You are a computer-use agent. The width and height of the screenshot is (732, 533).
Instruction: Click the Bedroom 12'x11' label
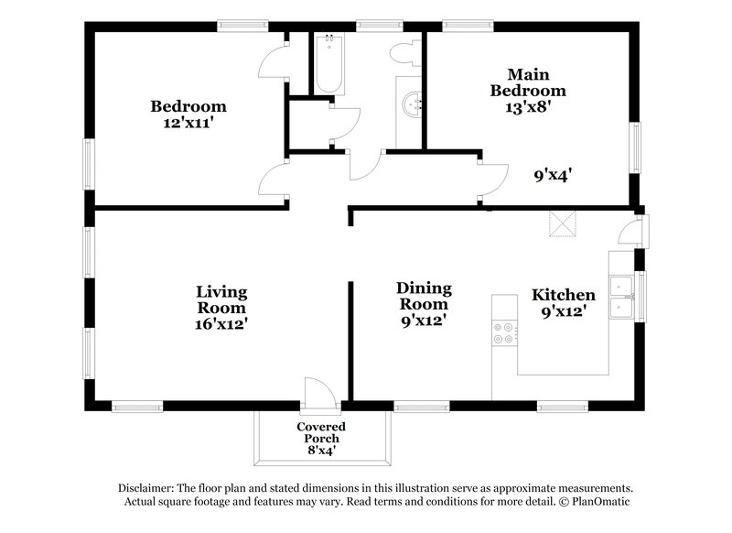tap(188, 114)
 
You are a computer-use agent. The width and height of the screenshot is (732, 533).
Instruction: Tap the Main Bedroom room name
tap(528, 82)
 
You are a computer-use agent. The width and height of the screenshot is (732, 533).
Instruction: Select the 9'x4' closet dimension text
tap(554, 173)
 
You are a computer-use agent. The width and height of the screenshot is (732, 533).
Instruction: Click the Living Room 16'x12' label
tap(221, 307)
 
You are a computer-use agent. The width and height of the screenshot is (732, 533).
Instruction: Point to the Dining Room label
tap(422, 297)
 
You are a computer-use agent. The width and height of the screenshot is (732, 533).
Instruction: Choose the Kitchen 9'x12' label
tap(564, 302)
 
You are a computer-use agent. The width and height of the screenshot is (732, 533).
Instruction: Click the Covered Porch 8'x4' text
tap(320, 438)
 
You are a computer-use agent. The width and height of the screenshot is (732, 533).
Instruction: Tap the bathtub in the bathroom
tap(327, 65)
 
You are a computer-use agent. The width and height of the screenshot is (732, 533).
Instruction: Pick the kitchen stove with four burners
tap(503, 332)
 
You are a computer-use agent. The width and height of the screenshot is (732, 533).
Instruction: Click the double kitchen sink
tap(625, 297)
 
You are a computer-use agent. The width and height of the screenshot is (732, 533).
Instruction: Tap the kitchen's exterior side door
tap(632, 231)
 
